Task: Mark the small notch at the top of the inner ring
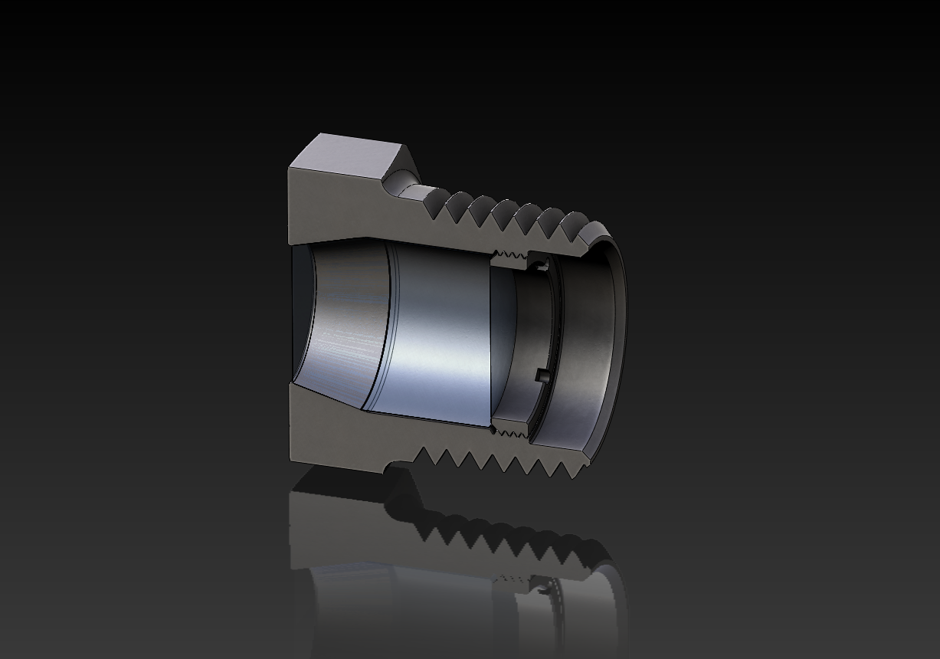pyautogui.click(x=542, y=265)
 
